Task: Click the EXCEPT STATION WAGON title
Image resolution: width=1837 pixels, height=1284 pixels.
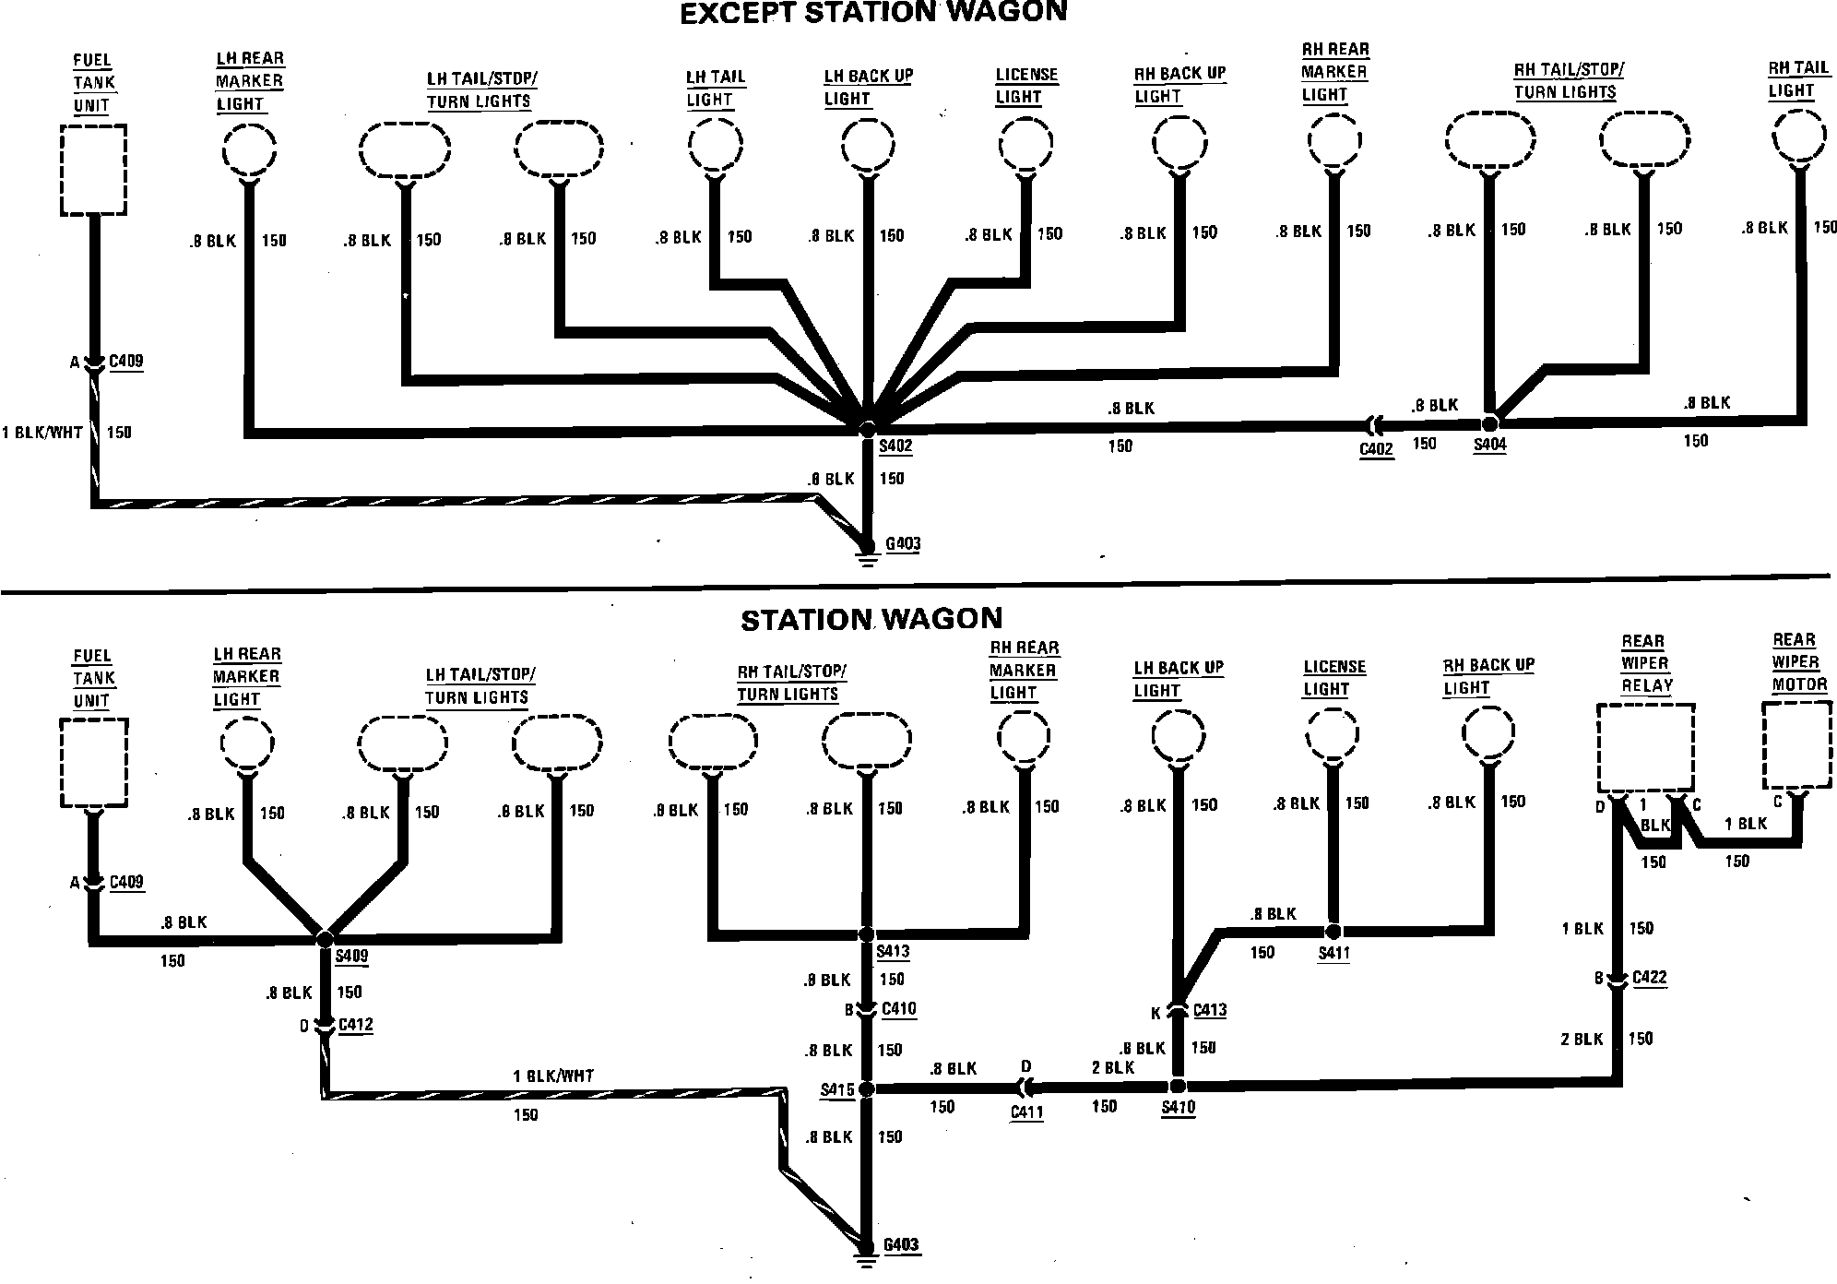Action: pyautogui.click(x=872, y=13)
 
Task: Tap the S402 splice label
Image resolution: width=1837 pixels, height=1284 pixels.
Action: pyautogui.click(x=895, y=447)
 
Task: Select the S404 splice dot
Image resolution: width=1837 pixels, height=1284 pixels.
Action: pyautogui.click(x=1488, y=423)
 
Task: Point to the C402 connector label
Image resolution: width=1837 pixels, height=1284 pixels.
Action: pyautogui.click(x=1376, y=450)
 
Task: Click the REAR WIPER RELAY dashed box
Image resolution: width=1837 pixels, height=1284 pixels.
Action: pyautogui.click(x=1645, y=748)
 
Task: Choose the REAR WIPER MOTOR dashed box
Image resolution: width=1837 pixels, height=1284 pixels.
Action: pyautogui.click(x=1796, y=743)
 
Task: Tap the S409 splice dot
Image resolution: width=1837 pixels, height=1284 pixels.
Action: pyautogui.click(x=325, y=938)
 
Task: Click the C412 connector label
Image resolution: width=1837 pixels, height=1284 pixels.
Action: pyautogui.click(x=356, y=1025)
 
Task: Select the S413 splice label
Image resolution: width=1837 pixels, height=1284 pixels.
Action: pyautogui.click(x=894, y=952)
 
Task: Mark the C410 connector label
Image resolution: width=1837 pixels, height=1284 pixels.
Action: pyautogui.click(x=899, y=1009)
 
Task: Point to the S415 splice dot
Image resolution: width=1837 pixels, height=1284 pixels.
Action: pyautogui.click(x=866, y=1089)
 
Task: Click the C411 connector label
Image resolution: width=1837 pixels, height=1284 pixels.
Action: pyautogui.click(x=1026, y=1112)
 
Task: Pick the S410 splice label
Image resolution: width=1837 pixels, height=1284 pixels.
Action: pyautogui.click(x=1179, y=1108)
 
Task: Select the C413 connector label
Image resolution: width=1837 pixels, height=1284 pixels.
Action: pyautogui.click(x=1210, y=1010)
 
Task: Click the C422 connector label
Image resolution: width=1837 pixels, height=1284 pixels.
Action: pyautogui.click(x=1649, y=978)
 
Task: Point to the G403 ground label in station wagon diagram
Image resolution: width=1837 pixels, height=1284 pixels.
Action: pyautogui.click(x=901, y=1245)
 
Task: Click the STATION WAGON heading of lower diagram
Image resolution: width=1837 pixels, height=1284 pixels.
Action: pyautogui.click(x=871, y=619)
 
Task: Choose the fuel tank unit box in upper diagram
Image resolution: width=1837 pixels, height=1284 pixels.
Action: pyautogui.click(x=93, y=171)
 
